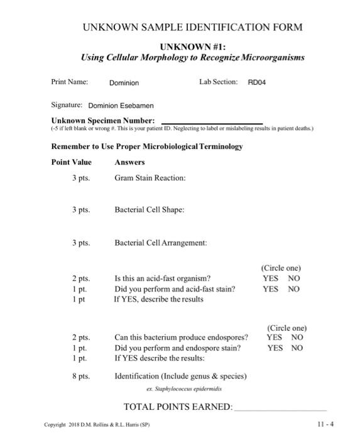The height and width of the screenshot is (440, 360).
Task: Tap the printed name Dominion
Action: pyautogui.click(x=124, y=82)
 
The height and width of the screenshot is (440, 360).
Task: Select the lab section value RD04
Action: pyautogui.click(x=258, y=82)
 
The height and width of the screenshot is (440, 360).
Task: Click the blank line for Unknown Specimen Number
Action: pyautogui.click(x=212, y=122)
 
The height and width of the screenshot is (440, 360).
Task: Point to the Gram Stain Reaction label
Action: pyautogui.click(x=150, y=178)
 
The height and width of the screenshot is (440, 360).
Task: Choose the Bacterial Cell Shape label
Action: pyautogui.click(x=150, y=210)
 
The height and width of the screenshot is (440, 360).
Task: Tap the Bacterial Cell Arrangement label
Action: pyautogui.click(x=161, y=242)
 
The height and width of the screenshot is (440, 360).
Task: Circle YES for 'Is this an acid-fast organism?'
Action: pyautogui.click(x=271, y=278)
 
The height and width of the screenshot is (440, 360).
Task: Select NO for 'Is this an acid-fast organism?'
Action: pyautogui.click(x=293, y=278)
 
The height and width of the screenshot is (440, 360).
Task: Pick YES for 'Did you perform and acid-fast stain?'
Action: pyautogui.click(x=271, y=289)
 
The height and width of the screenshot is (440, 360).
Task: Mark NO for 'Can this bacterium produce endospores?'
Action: pyautogui.click(x=297, y=337)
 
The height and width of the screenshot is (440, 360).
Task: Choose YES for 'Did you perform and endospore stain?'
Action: pyautogui.click(x=275, y=348)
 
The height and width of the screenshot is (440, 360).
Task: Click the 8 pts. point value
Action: pyautogui.click(x=80, y=376)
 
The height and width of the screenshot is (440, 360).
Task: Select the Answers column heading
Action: pyautogui.click(x=130, y=162)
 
